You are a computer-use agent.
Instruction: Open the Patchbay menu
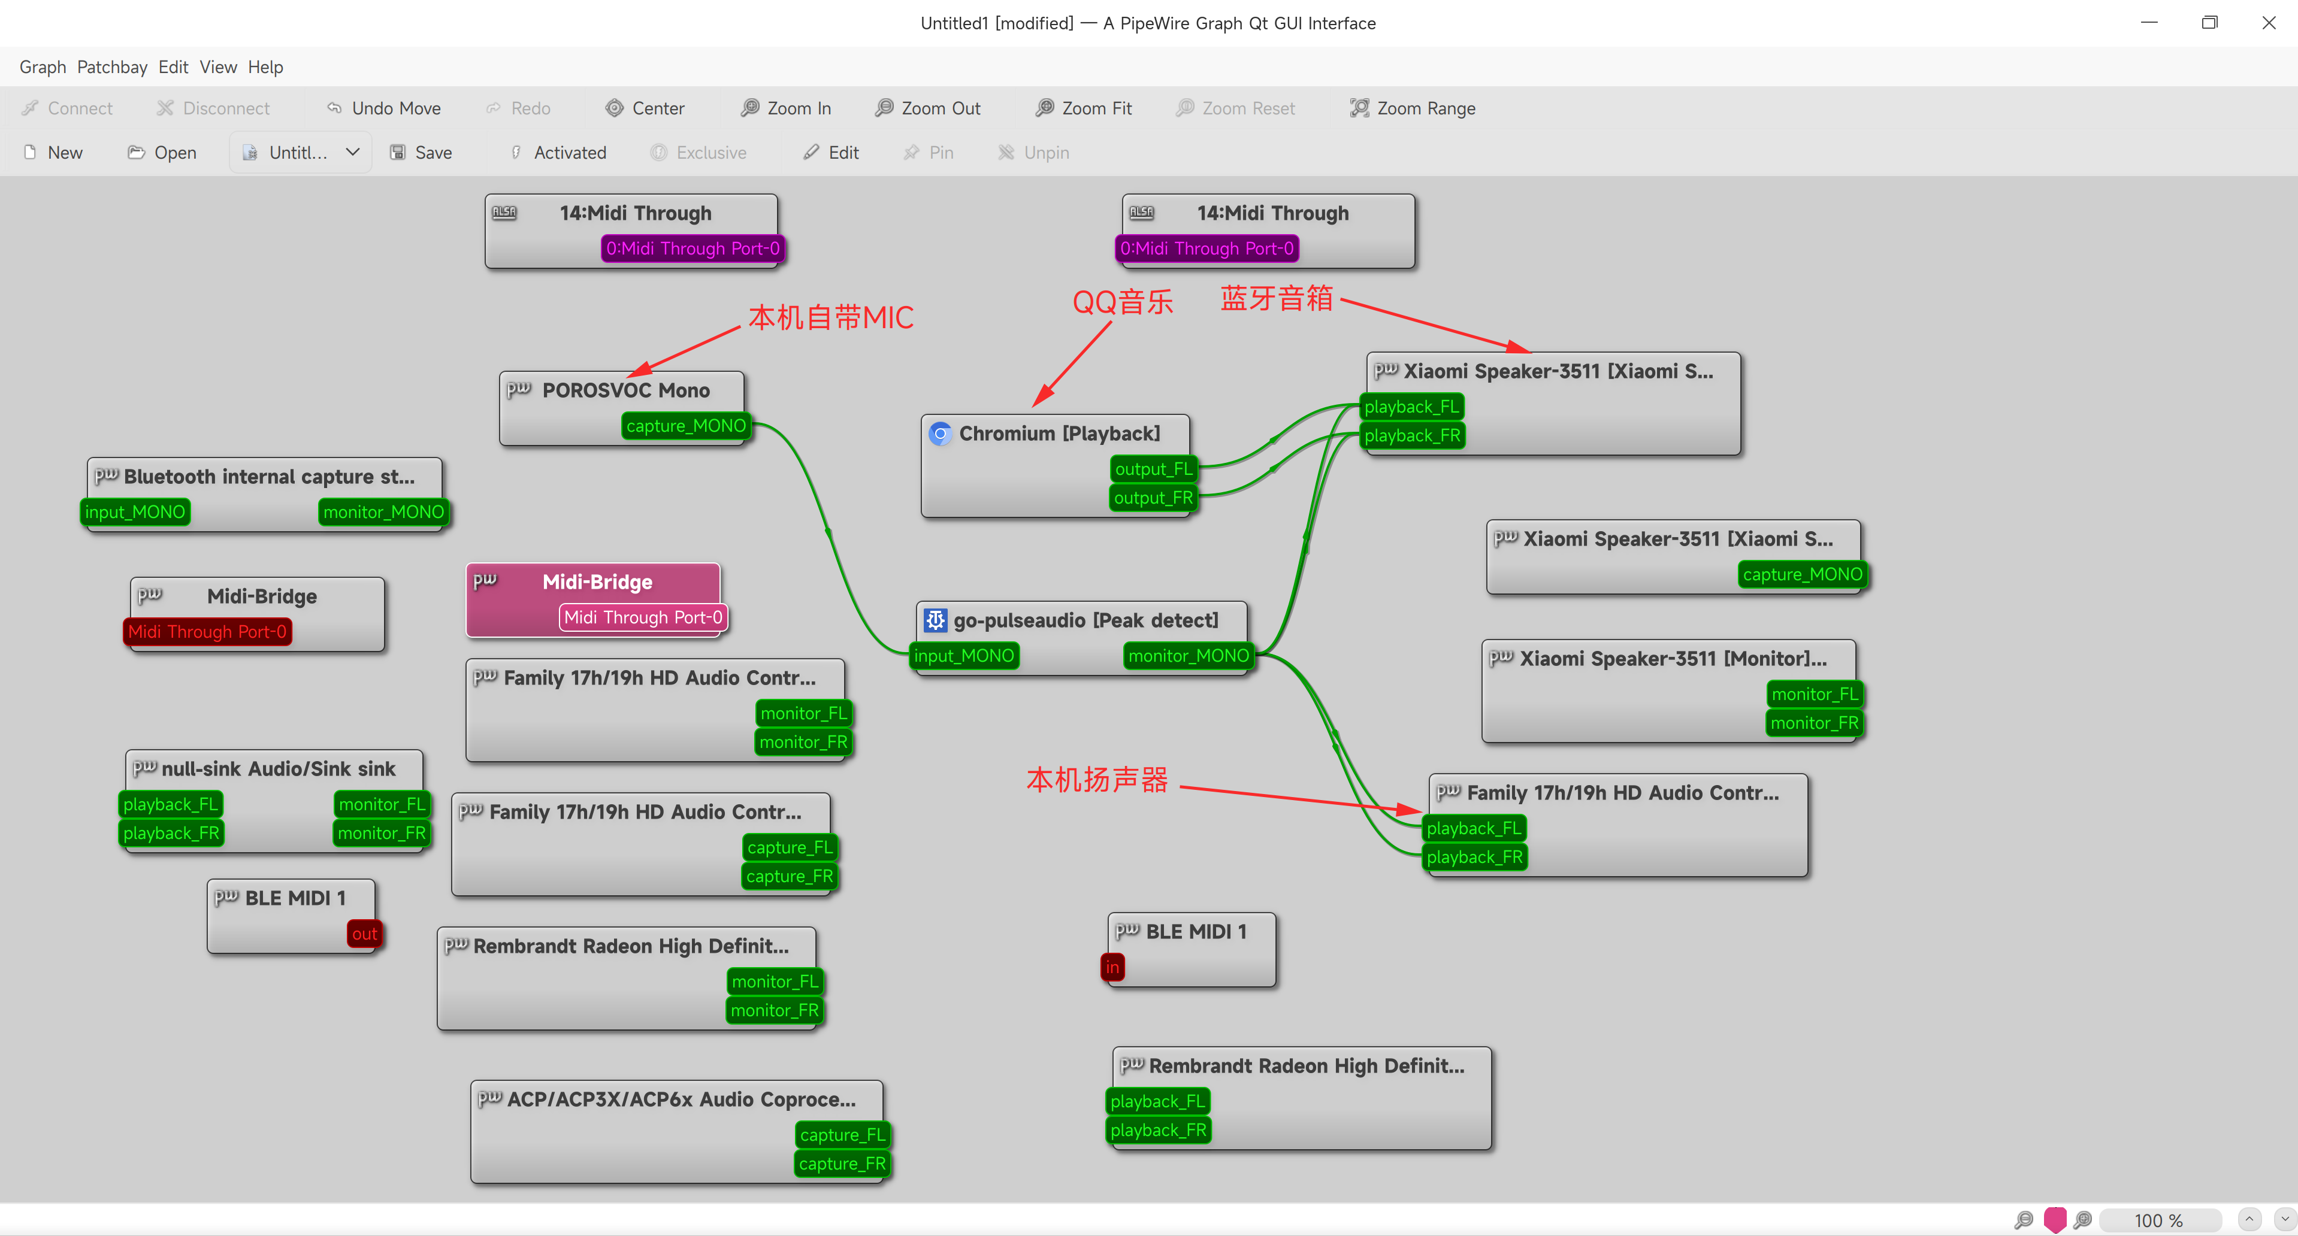[x=111, y=67]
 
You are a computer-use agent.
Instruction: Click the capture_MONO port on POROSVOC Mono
[x=685, y=425]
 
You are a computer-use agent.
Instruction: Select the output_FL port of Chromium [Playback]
[x=1153, y=469]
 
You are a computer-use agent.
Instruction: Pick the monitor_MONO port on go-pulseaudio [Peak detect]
[x=1189, y=656]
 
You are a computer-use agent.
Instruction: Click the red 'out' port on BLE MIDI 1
[x=364, y=934]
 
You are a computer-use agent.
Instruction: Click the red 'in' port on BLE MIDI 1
[x=1112, y=967]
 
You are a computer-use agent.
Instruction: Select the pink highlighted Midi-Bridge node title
[x=597, y=581]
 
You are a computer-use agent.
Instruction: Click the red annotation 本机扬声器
[x=1097, y=780]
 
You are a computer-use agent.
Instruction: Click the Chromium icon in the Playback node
[x=941, y=434]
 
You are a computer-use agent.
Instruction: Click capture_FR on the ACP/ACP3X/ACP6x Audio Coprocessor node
[x=842, y=1164]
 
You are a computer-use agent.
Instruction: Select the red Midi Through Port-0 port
[x=207, y=631]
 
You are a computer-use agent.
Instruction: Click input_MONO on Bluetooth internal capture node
[x=135, y=512]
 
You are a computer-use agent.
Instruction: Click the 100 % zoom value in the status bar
[x=2159, y=1220]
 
